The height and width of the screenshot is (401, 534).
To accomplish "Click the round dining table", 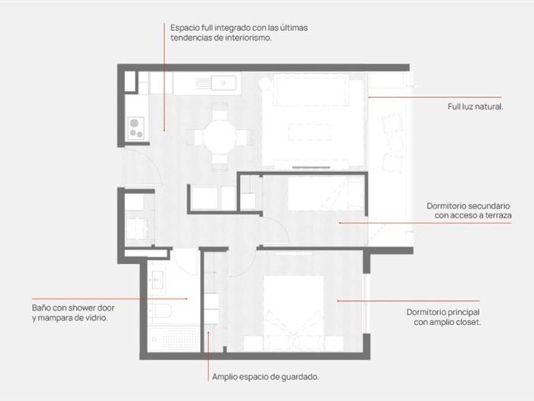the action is [220, 137].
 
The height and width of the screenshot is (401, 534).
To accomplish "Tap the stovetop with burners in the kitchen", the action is [136, 128].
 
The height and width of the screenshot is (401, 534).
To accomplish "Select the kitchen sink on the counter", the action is [223, 83].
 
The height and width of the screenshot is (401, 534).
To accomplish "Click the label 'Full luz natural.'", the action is [476, 107].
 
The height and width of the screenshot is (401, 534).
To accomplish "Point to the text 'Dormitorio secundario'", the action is [469, 206].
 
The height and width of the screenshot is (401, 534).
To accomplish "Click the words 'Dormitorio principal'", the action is [443, 313].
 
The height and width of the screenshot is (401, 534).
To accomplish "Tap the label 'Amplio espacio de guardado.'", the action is [266, 377].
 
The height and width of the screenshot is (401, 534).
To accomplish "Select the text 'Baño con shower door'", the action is [73, 307].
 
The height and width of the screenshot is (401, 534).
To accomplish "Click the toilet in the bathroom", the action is [160, 311].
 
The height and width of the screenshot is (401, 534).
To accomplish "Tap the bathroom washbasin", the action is [158, 279].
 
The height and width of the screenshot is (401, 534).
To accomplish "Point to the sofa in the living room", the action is [311, 90].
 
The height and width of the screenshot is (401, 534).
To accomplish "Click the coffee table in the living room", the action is [310, 132].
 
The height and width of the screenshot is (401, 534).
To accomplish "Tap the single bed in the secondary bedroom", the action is [325, 193].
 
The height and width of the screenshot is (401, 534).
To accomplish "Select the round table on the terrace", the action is [394, 144].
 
